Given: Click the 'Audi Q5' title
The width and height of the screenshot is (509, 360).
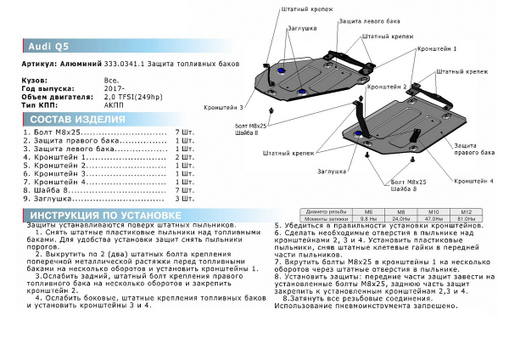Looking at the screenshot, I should [x=37, y=47].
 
